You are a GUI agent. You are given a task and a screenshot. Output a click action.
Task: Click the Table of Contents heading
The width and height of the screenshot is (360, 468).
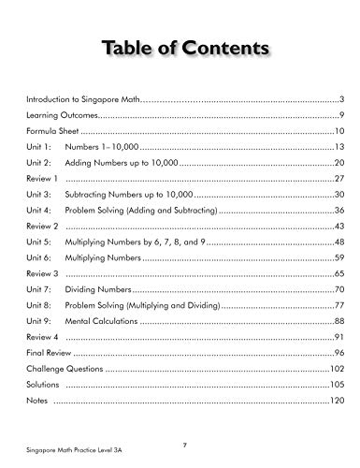[180, 48]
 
